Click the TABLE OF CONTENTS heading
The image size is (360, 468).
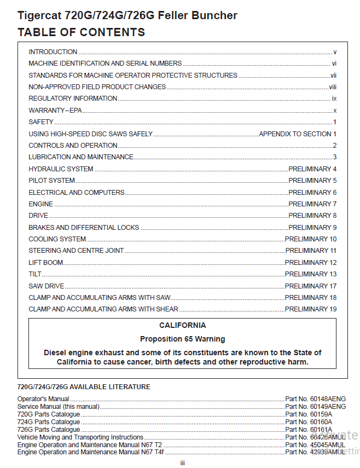(82, 32)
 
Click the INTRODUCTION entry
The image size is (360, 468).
(53, 52)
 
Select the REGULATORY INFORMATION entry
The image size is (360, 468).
(73, 99)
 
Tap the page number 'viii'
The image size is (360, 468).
(333, 87)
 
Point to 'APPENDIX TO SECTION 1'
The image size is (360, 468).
(298, 134)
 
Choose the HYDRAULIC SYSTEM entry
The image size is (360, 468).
(61, 169)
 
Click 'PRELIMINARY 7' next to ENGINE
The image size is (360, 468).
(312, 204)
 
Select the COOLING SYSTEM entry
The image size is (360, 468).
(57, 239)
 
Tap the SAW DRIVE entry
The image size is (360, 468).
(47, 286)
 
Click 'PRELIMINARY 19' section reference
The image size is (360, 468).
(311, 310)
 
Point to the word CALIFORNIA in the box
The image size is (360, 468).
(183, 326)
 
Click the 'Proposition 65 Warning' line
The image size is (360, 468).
(183, 339)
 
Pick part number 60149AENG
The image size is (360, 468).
(316, 407)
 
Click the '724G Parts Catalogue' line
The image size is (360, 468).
(49, 422)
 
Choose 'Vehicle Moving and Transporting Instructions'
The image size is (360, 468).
(80, 437)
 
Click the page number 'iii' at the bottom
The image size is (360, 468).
(183, 463)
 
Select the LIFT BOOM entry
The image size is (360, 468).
(46, 263)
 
